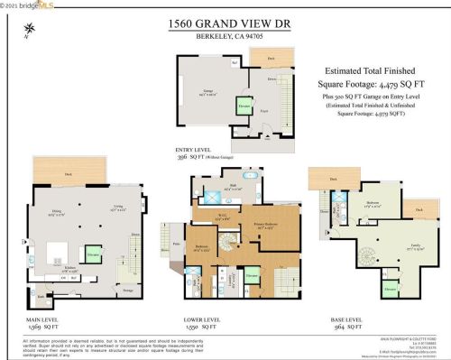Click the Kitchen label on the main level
click(74, 268)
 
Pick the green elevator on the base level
click(390, 288)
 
